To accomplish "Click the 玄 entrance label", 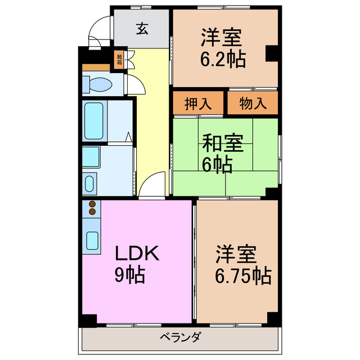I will click(x=143, y=29).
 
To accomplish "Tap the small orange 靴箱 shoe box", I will click(x=119, y=59).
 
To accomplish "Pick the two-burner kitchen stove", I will click(x=92, y=211).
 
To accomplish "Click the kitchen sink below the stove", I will click(x=92, y=240).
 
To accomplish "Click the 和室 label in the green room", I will click(x=223, y=143).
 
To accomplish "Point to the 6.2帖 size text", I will click(x=223, y=59).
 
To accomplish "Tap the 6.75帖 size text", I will click(x=244, y=275).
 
